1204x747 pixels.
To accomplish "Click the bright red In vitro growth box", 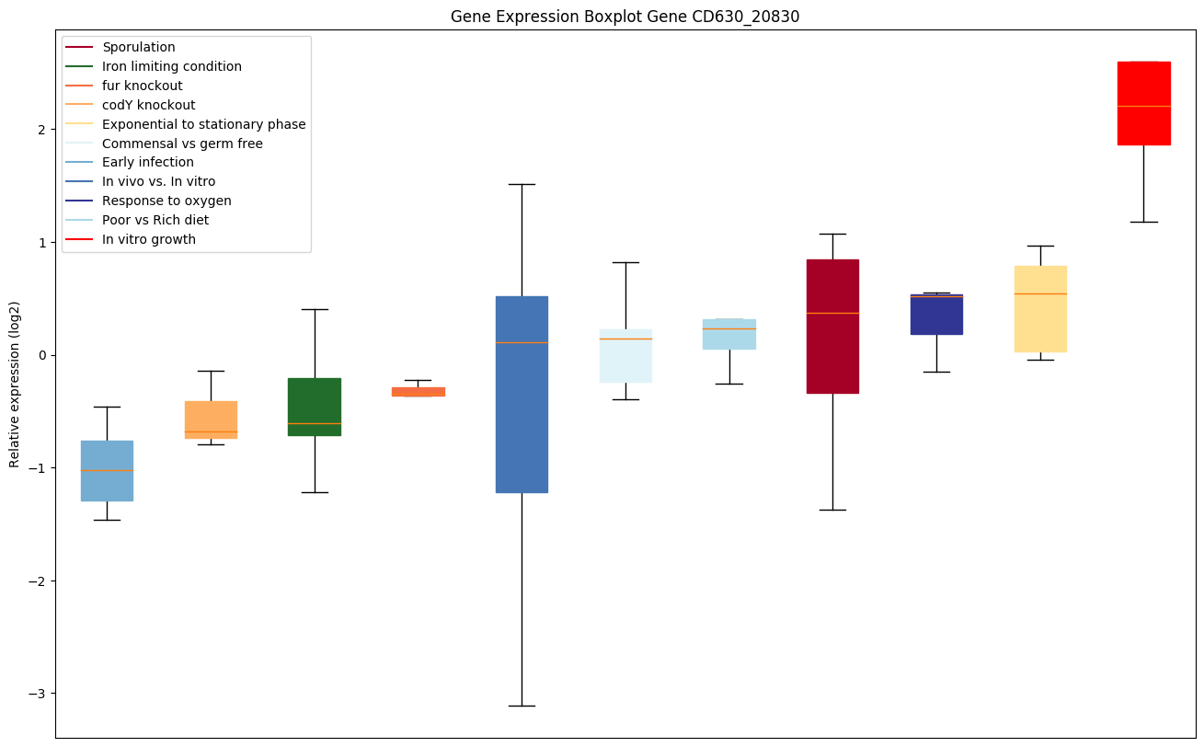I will click(x=1143, y=103).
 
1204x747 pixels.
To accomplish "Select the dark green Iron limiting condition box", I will click(x=315, y=407).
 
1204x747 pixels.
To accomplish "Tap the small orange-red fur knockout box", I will click(x=419, y=392).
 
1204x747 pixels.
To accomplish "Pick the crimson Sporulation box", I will click(x=832, y=327).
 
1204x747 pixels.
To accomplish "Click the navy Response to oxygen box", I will click(x=936, y=315).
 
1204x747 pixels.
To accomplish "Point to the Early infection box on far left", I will click(x=107, y=471).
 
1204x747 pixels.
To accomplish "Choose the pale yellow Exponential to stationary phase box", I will click(x=1040, y=309).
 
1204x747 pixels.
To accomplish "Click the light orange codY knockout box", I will click(x=211, y=419).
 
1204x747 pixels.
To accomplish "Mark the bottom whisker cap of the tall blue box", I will click(x=522, y=706).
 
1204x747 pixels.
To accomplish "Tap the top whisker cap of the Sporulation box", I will click(x=832, y=234).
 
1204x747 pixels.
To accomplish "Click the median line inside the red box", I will click(x=1143, y=107).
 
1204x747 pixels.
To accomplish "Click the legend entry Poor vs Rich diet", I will click(x=155, y=220).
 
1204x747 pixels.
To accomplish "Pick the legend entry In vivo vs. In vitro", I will click(x=158, y=181).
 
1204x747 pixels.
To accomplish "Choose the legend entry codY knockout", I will click(x=148, y=105).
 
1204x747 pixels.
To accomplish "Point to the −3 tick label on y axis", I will click(x=36, y=694).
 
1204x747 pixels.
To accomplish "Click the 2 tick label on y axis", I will click(x=40, y=130).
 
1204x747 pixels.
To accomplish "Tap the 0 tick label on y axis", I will click(x=40, y=355).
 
